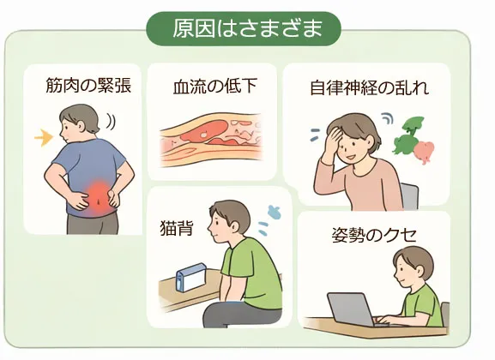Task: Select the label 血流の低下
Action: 213,86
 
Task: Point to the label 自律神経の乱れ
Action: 369,87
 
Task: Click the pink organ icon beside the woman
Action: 422,152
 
